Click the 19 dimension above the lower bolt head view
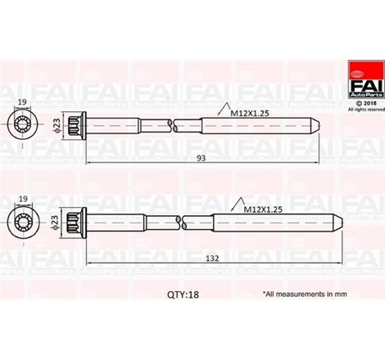pyautogui.click(x=21, y=199)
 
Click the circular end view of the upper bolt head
pyautogui.click(x=22, y=126)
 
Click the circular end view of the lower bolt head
pyautogui.click(x=22, y=221)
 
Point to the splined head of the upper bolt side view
pyautogui.click(x=75, y=125)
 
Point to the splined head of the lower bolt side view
pyautogui.click(x=75, y=221)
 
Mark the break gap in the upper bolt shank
pyautogui.click(x=171, y=125)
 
